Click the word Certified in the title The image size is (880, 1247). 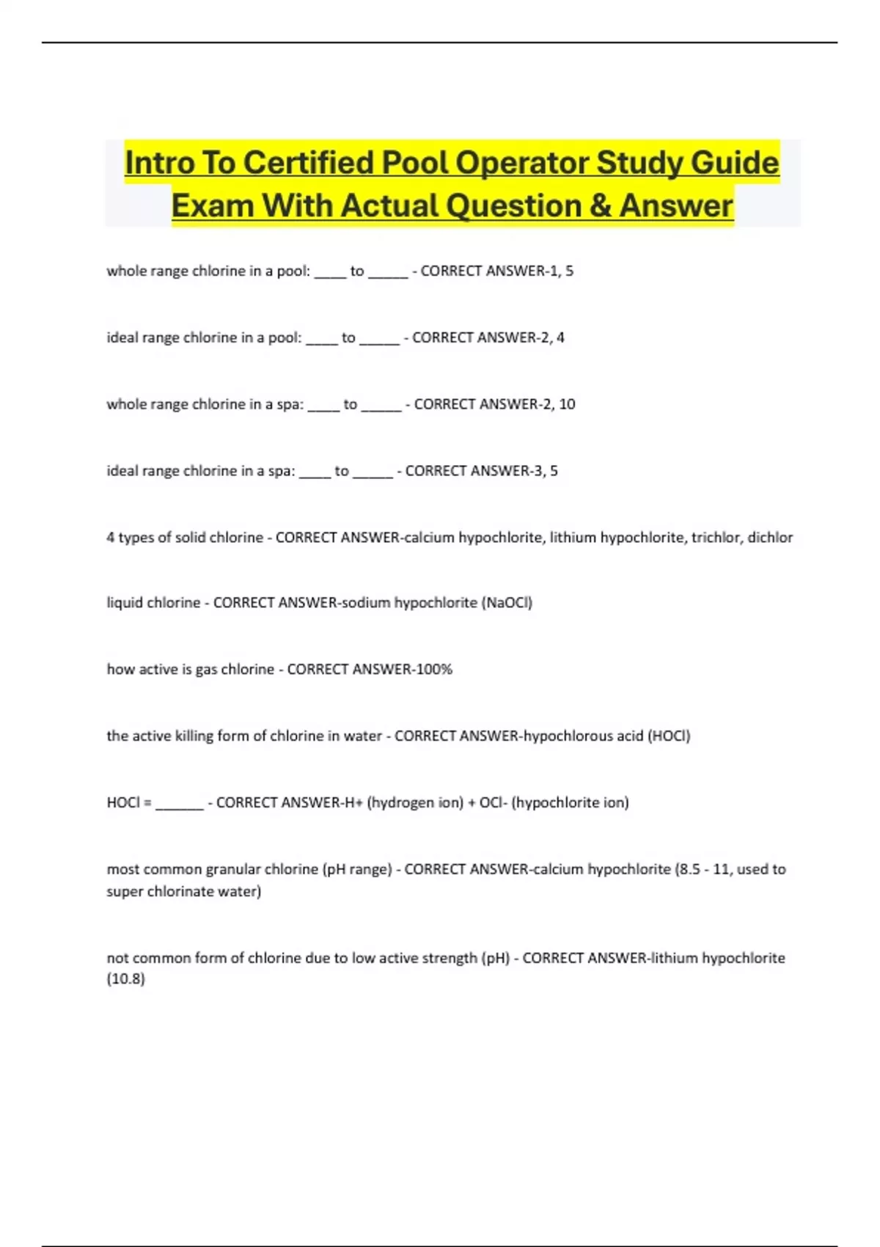click(308, 163)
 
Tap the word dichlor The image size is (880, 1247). click(770, 538)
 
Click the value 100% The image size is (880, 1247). click(433, 669)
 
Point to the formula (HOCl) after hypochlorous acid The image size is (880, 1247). click(669, 736)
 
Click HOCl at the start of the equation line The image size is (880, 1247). click(123, 802)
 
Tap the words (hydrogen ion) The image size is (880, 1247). click(415, 802)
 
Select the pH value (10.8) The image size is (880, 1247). click(126, 979)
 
